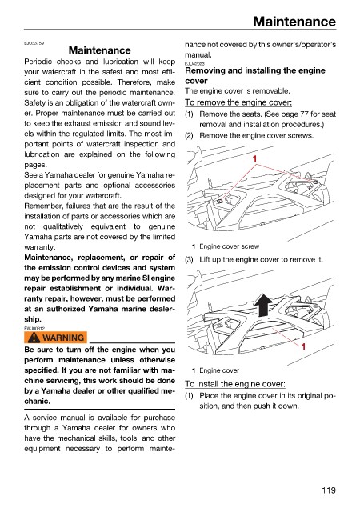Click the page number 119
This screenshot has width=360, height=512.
tap(329, 490)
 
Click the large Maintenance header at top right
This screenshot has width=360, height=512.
tap(294, 22)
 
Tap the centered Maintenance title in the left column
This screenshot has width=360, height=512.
tap(100, 50)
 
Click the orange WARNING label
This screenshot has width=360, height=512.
tap(55, 338)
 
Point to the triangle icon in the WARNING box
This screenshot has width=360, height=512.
tap(34, 338)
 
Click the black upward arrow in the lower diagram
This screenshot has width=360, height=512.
tap(264, 305)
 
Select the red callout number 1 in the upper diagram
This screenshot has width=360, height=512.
tap(255, 159)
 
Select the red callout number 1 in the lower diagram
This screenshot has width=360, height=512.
tap(303, 346)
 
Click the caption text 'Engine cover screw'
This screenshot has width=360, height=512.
tap(230, 246)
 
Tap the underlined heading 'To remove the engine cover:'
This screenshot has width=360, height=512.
tap(238, 102)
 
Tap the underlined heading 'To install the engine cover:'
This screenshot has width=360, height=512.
tap(235, 384)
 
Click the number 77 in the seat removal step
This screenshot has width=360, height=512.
tap(305, 114)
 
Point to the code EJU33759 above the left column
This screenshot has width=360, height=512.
tap(34, 43)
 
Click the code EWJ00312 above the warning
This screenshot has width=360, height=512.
tap(34, 329)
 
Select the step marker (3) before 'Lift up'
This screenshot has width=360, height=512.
tap(189, 260)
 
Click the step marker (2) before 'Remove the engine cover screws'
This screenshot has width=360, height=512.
tap(189, 136)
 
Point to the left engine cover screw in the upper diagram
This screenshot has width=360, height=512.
tap(220, 201)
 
